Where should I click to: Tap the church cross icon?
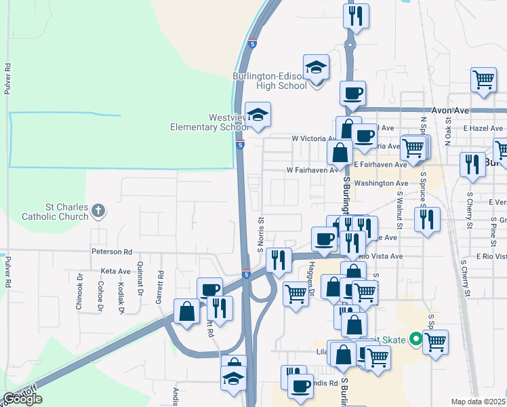click(x=98, y=211)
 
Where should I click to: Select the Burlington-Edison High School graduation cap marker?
click(x=316, y=68)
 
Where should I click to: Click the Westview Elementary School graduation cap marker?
click(x=258, y=115)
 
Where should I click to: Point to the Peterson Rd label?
click(x=111, y=251)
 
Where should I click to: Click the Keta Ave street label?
click(x=115, y=271)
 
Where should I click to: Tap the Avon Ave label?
click(x=451, y=110)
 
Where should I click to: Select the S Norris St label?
click(x=260, y=232)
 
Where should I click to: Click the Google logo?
click(x=22, y=399)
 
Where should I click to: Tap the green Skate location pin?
click(x=415, y=339)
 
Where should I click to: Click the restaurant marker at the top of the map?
click(x=356, y=16)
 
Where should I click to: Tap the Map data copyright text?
click(x=479, y=402)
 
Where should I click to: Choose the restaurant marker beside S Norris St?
click(x=278, y=258)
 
